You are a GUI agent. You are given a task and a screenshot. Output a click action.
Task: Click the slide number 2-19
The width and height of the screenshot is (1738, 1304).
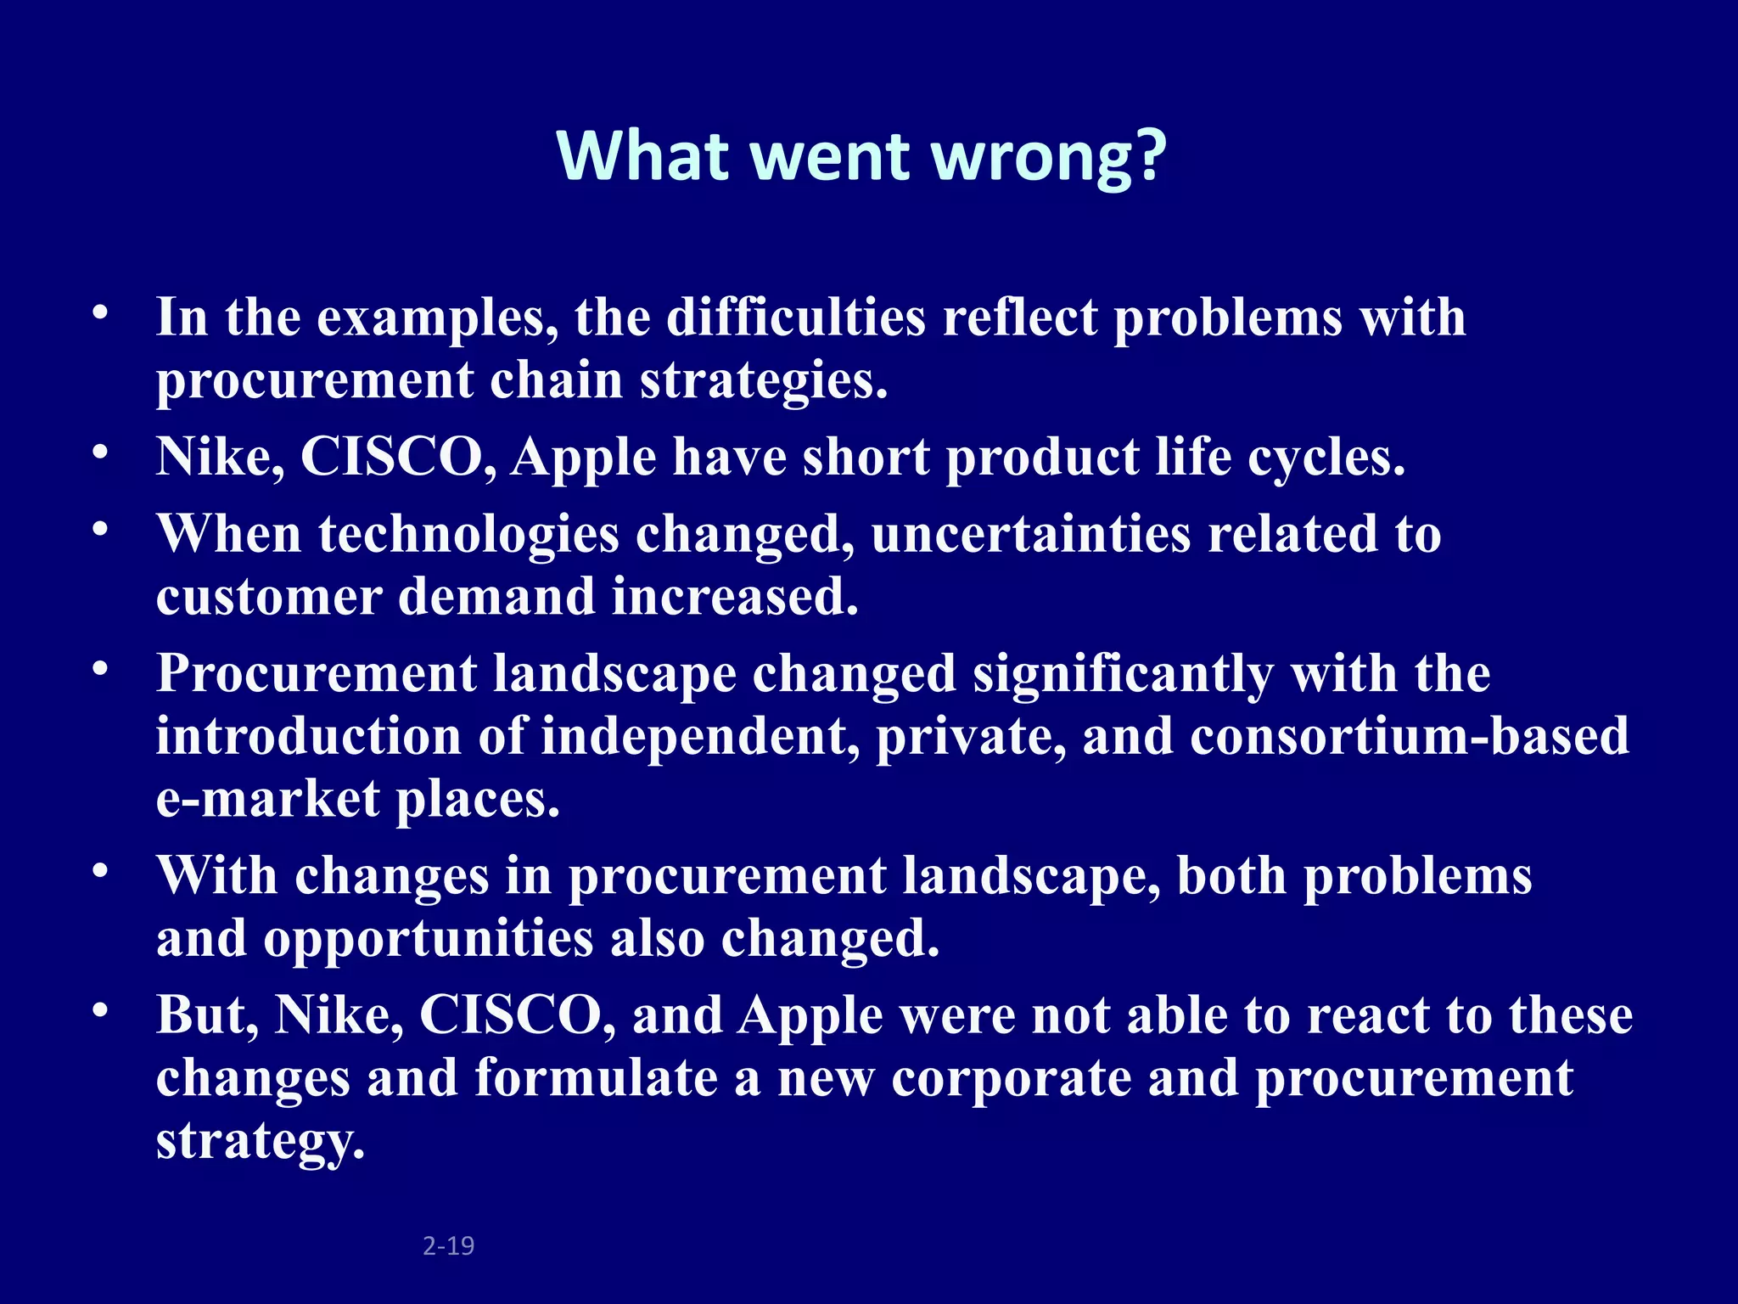pos(448,1245)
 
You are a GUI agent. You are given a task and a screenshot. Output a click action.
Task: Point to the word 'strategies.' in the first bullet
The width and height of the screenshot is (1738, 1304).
pos(764,381)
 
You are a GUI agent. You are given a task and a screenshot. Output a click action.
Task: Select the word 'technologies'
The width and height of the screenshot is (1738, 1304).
pos(468,535)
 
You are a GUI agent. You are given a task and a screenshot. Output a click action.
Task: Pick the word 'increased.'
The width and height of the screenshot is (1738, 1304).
pos(735,597)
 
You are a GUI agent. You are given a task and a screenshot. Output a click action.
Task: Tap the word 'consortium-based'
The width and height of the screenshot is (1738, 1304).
pos(1409,736)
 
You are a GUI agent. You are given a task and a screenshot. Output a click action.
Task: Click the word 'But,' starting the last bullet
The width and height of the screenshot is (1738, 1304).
pos(207,1015)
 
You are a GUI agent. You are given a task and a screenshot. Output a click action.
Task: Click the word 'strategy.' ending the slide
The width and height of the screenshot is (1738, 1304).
pos(261,1142)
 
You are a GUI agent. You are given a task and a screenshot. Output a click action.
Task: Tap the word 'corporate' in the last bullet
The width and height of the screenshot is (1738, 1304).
pos(1012,1077)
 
